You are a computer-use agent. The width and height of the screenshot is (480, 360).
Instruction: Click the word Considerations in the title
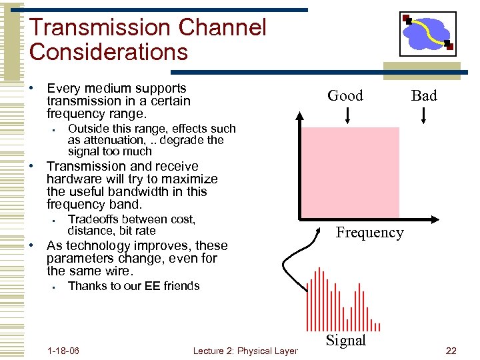[x=109, y=52]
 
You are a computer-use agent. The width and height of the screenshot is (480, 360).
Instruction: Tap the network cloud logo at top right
[x=428, y=33]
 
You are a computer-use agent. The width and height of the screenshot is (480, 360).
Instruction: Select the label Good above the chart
[x=345, y=95]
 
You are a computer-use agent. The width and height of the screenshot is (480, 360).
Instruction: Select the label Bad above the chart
[x=424, y=95]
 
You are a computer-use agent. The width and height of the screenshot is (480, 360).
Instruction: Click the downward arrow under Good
[x=347, y=115]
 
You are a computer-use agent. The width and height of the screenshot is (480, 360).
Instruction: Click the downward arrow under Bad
[x=425, y=115]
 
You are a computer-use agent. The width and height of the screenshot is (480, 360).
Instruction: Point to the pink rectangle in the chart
[x=351, y=172]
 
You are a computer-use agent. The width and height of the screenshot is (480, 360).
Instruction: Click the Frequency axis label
[x=369, y=232]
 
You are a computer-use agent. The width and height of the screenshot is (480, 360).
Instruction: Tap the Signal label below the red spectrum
[x=345, y=340]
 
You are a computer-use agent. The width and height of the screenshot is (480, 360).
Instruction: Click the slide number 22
[x=451, y=351]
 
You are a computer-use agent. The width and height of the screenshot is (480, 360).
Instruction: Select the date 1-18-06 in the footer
[x=64, y=351]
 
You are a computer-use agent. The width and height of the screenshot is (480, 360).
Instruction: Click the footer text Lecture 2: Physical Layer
[x=245, y=351]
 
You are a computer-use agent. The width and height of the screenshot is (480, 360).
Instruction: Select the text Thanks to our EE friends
[x=134, y=286]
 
